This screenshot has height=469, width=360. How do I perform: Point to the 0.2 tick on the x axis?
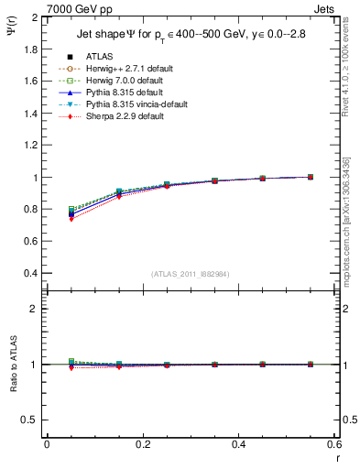[143, 444]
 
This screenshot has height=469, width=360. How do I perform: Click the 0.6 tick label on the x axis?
[334, 444]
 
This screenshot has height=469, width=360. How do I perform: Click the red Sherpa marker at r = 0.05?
[71, 219]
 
